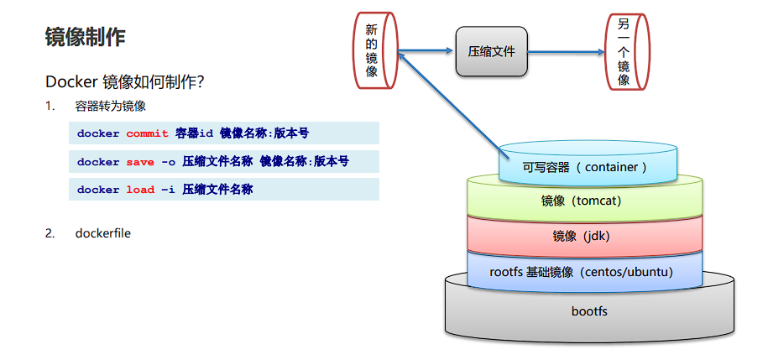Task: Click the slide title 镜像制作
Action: tap(86, 37)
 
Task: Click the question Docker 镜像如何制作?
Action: tap(125, 82)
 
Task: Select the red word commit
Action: tap(147, 133)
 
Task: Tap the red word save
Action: tap(140, 161)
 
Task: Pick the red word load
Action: tap(140, 190)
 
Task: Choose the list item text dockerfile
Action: tap(102, 233)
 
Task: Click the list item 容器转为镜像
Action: tap(110, 106)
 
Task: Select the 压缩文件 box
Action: tap(491, 51)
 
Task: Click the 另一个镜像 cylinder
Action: tap(624, 51)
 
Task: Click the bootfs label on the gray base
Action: tap(589, 311)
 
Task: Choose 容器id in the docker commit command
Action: tap(195, 133)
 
